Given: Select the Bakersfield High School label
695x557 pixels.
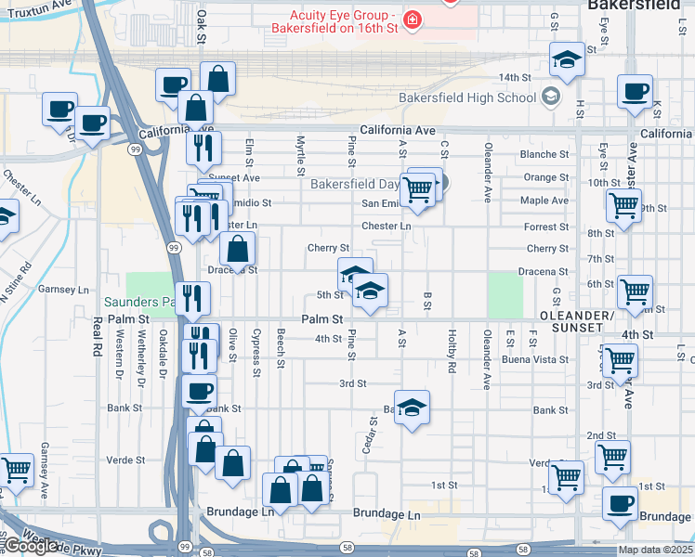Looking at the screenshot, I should tap(467, 97).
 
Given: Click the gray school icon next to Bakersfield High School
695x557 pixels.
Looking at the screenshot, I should tap(551, 97).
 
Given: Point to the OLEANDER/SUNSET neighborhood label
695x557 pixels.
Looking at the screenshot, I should tap(576, 322).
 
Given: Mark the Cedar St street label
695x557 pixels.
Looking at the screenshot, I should tap(374, 432).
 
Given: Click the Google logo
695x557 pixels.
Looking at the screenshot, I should tap(30, 546).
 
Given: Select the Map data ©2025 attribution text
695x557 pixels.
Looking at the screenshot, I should tap(654, 550).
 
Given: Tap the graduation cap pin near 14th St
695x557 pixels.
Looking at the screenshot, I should tap(565, 60).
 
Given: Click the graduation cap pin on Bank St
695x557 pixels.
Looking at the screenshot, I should tap(413, 408).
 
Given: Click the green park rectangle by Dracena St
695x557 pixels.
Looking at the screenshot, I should tap(505, 293).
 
